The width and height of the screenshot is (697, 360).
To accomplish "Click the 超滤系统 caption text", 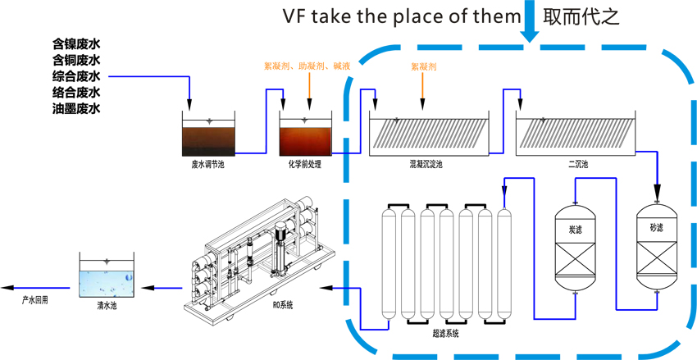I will (x=445, y=333).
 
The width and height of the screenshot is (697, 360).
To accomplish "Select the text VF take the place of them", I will (x=401, y=16).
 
